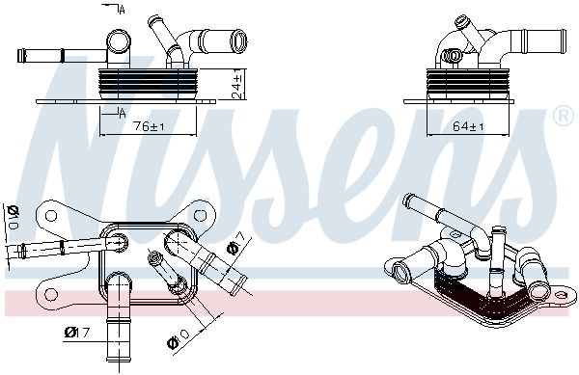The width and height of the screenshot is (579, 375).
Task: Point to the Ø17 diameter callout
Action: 77,334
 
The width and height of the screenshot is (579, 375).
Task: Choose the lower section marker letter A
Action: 123,114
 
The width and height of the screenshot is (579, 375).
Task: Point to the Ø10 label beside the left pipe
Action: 14,219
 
